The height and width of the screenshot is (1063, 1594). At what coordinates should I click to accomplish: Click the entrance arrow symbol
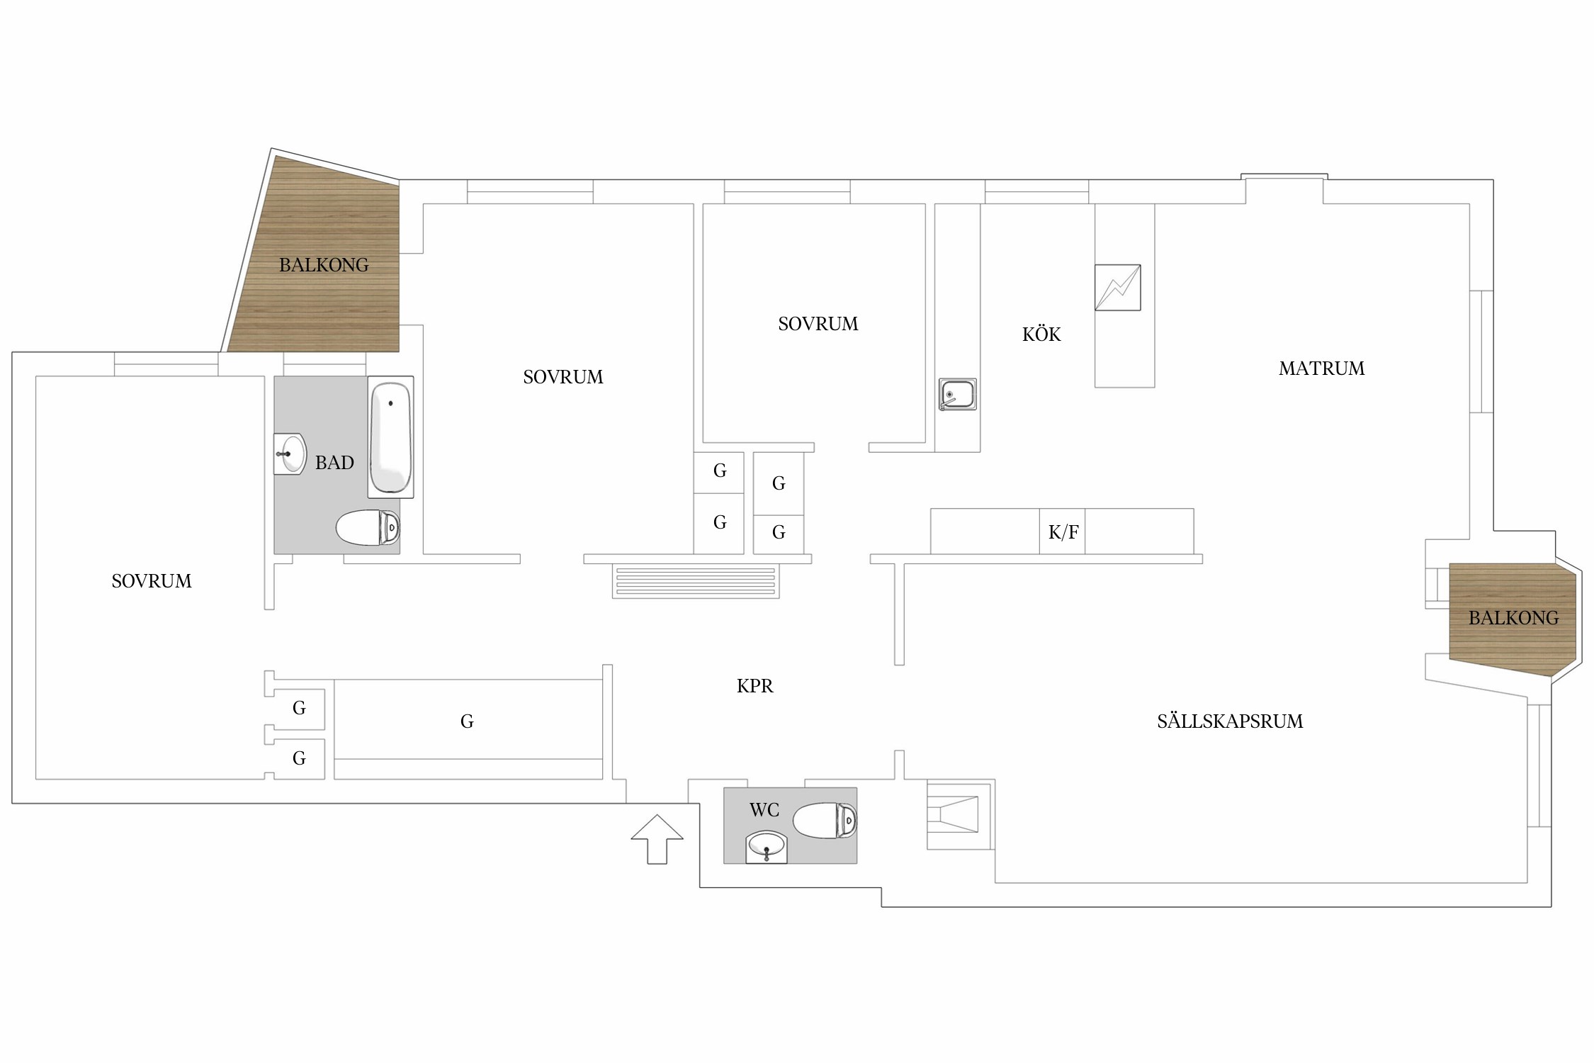(x=657, y=839)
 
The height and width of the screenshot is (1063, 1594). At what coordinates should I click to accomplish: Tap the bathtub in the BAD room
(x=390, y=437)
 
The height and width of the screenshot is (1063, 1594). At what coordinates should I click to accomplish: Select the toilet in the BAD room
(x=368, y=528)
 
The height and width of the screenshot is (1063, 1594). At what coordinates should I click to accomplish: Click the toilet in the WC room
(x=825, y=821)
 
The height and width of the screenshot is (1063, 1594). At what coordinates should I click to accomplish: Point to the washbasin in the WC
(x=767, y=848)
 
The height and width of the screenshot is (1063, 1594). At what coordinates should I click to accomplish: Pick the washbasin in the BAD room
(x=290, y=454)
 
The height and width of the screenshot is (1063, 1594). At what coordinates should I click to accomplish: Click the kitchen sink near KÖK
(x=958, y=394)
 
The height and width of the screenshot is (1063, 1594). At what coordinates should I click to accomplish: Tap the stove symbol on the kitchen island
(x=1118, y=288)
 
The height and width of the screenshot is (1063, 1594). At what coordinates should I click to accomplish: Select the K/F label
(x=1063, y=532)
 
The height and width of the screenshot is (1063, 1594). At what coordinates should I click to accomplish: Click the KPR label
(x=755, y=686)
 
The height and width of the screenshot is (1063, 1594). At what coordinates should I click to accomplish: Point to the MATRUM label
(x=1322, y=369)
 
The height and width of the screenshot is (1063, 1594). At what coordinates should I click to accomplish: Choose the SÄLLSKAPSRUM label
(x=1231, y=721)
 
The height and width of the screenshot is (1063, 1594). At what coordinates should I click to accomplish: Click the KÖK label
(x=1041, y=334)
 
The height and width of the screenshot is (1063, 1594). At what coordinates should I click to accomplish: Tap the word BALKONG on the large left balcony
(x=324, y=265)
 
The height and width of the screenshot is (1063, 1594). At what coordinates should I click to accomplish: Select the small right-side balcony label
(x=1514, y=618)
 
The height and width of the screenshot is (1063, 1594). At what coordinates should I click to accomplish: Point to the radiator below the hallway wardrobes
(x=696, y=582)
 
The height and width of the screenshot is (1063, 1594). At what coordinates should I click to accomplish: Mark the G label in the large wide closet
(x=467, y=721)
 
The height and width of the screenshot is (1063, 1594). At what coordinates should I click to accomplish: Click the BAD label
(x=334, y=463)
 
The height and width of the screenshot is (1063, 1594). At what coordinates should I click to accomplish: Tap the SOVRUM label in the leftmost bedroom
(x=152, y=581)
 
